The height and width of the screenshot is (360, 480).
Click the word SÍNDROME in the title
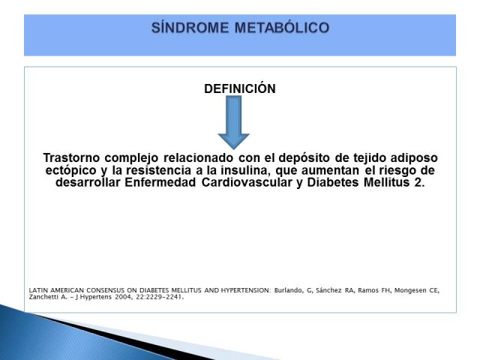(190, 28)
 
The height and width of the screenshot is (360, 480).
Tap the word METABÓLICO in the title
(282, 28)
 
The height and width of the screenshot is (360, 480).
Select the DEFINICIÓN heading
(240, 88)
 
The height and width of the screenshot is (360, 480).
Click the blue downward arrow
(233, 122)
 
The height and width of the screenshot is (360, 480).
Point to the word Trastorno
(71, 158)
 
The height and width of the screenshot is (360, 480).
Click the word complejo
(132, 158)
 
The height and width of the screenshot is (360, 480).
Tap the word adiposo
(414, 158)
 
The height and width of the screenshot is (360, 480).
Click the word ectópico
(70, 170)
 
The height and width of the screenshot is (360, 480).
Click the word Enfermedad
(160, 182)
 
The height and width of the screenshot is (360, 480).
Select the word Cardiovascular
(247, 182)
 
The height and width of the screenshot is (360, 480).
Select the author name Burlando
(289, 290)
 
